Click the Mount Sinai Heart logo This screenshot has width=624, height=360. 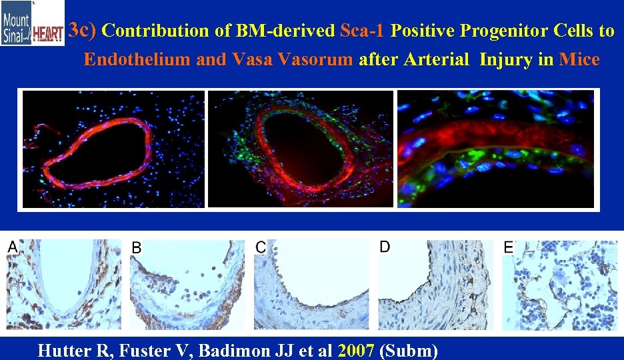33,23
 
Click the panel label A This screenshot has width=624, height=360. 13,247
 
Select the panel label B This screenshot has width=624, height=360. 136,247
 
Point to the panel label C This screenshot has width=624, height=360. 261,247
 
